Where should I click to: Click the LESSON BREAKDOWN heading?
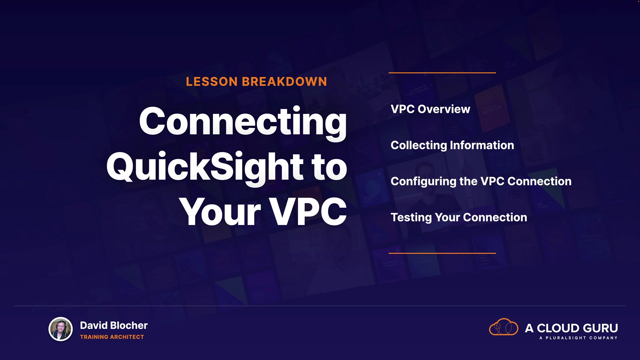tap(256, 82)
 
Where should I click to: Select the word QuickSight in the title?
tap(205, 167)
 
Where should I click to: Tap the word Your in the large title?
tap(220, 212)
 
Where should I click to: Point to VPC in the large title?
tap(308, 212)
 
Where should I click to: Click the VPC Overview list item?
tap(430, 109)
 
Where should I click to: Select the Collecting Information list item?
tap(452, 145)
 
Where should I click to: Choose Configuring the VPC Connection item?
tap(481, 181)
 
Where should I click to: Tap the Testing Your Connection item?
tap(459, 217)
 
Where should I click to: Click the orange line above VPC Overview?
tap(442, 73)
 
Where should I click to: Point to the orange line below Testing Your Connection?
tap(442, 253)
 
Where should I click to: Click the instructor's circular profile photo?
tap(61, 329)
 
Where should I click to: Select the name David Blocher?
tap(114, 325)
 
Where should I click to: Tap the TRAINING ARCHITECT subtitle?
tap(112, 337)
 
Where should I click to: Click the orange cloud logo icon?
tap(504, 327)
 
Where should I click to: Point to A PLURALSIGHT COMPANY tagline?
tap(578, 338)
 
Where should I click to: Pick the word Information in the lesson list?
tap(482, 145)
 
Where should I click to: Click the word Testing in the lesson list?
tap(411, 217)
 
